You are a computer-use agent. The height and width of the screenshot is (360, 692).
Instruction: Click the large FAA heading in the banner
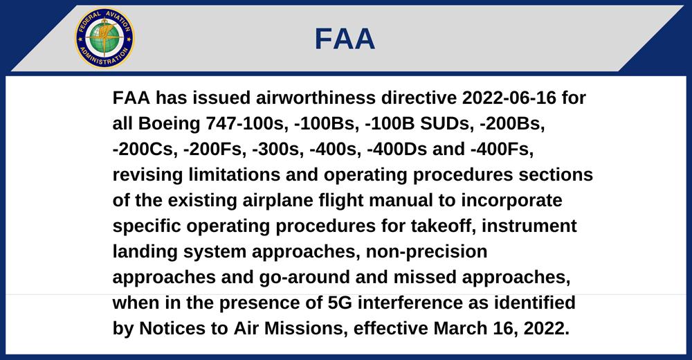345,39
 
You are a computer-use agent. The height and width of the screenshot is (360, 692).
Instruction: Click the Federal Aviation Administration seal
104,39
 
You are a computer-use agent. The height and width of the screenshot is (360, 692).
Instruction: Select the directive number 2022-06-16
509,98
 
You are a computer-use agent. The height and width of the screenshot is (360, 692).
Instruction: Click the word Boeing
170,124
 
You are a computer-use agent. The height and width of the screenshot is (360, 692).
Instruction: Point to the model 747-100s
247,124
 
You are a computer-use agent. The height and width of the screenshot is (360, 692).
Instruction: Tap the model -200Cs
145,150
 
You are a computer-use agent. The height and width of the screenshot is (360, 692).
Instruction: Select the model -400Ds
397,150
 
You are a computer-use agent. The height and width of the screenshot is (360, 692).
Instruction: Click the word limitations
235,175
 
